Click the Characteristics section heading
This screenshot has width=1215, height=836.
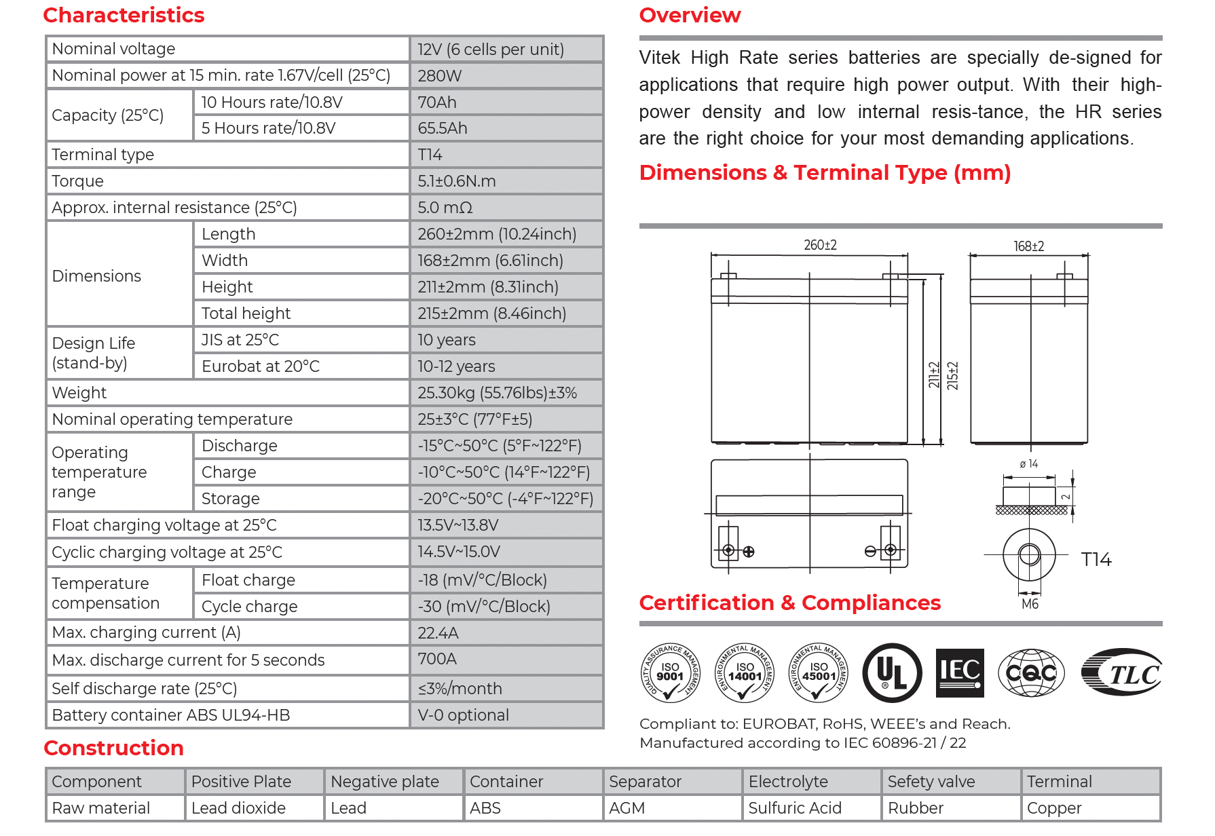pos(124,15)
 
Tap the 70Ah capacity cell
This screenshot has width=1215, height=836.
pos(437,102)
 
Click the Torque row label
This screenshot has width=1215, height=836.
pos(78,181)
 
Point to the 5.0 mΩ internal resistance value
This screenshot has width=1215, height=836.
pos(445,208)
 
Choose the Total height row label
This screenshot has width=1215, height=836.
pos(246,313)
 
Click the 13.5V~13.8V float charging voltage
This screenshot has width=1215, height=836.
pos(458,525)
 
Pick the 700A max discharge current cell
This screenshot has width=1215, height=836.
pos(437,659)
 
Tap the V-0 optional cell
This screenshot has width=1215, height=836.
pos(464,715)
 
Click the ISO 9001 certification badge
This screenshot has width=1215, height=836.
pos(670,672)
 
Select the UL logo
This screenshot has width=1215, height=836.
pos(892,672)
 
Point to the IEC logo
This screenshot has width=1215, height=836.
pos(960,672)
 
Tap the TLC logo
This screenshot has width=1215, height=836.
pos(1122,672)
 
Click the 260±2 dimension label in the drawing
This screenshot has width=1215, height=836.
pos(820,245)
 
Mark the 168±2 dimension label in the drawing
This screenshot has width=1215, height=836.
pos(1028,246)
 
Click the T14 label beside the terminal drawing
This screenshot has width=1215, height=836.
pos(1096,560)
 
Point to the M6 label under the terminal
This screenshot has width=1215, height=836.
pos(1030,604)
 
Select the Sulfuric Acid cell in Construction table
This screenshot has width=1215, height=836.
pos(795,808)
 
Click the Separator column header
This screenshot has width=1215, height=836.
pos(645,782)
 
